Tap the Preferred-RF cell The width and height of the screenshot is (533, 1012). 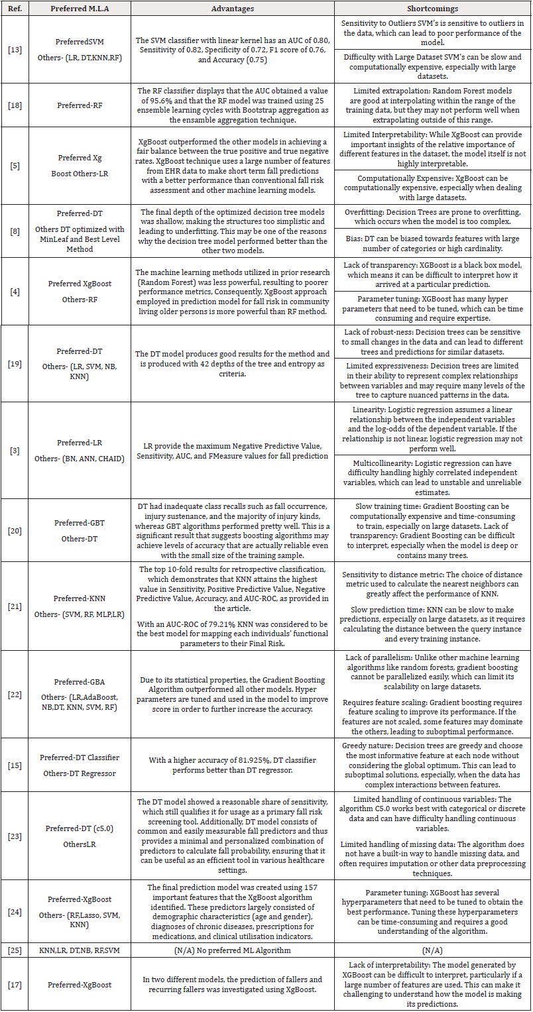80,103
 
